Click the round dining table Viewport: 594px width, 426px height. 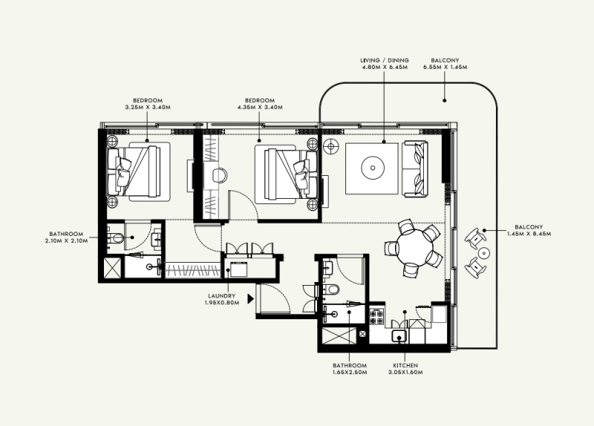(x=410, y=248)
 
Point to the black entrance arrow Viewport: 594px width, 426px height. (x=252, y=300)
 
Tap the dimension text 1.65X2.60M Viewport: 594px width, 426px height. (x=350, y=373)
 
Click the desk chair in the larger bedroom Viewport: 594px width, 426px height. (x=221, y=175)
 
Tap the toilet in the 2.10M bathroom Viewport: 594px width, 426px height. (x=114, y=238)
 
